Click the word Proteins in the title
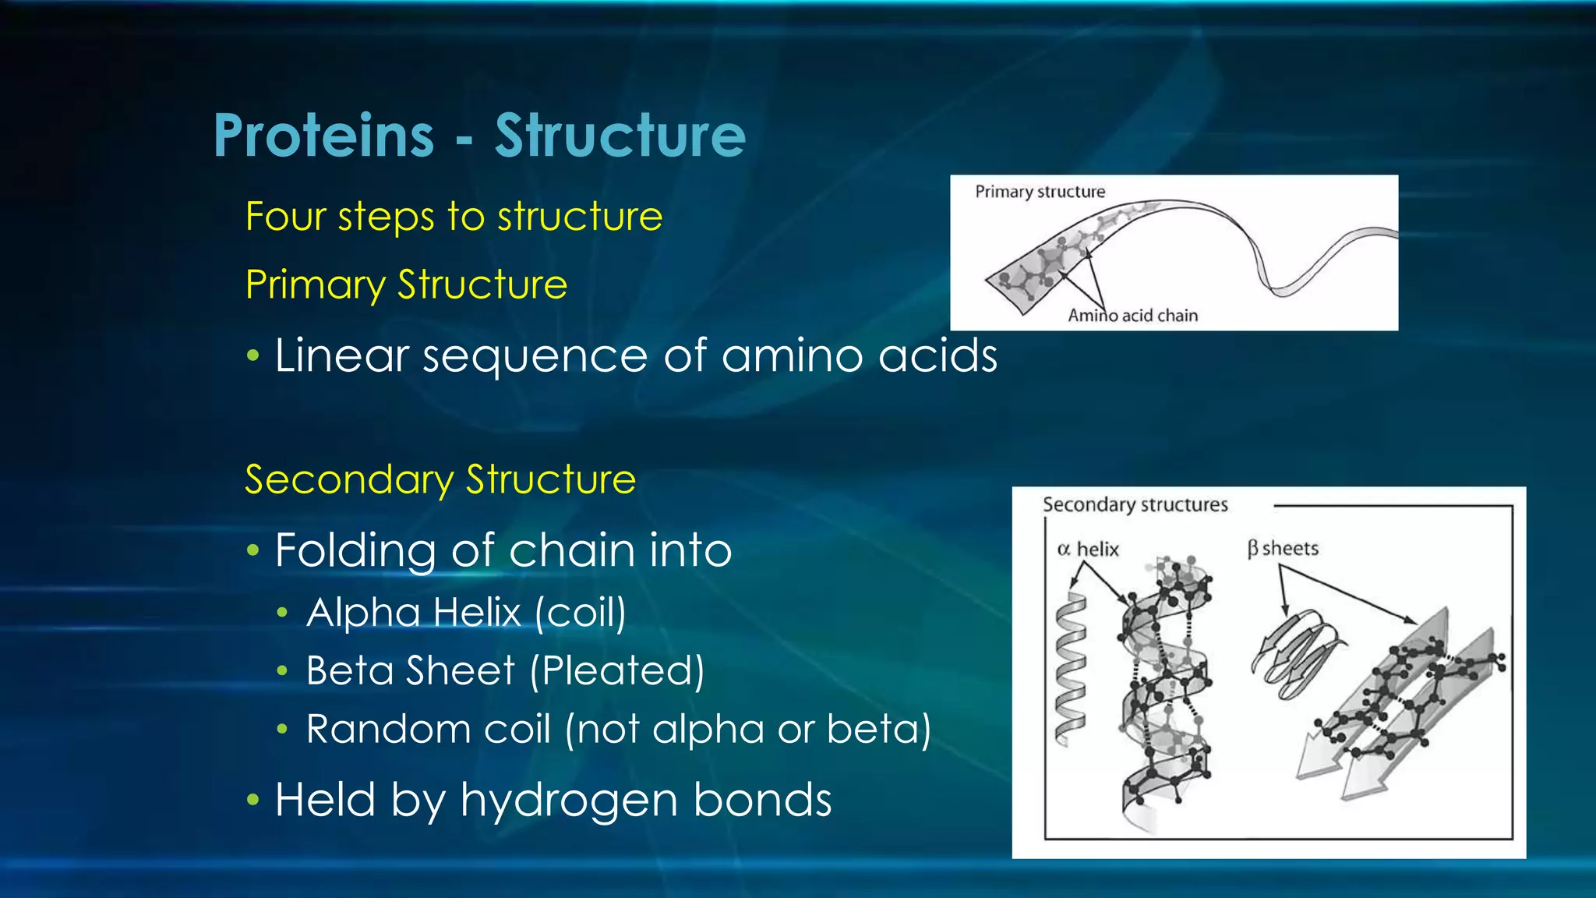[323, 136]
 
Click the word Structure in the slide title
[620, 136]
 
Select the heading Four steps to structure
[454, 216]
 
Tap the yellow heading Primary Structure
[406, 285]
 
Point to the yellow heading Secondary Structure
[440, 479]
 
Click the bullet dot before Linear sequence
[252, 357]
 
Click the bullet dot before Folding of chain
[252, 551]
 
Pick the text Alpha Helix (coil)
[466, 613]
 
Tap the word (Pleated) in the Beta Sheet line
[617, 670]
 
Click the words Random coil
[428, 730]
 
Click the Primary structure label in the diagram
[1040, 192]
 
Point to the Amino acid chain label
[1132, 316]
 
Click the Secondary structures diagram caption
[1135, 505]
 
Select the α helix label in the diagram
[1087, 550]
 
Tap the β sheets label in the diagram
[1283, 549]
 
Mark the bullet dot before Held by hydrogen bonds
[252, 801]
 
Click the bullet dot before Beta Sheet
[283, 671]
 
